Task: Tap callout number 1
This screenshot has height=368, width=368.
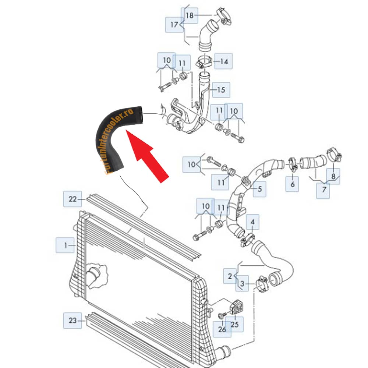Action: pyautogui.click(x=65, y=245)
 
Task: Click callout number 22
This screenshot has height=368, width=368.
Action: pyautogui.click(x=72, y=199)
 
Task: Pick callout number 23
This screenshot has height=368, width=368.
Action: pyautogui.click(x=72, y=321)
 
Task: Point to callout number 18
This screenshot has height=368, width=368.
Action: pyautogui.click(x=190, y=15)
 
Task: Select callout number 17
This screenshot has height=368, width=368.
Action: pyautogui.click(x=174, y=25)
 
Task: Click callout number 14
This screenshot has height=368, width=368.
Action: pyautogui.click(x=224, y=61)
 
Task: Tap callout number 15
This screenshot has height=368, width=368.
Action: pyautogui.click(x=221, y=90)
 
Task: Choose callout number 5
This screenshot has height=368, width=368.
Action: pyautogui.click(x=259, y=189)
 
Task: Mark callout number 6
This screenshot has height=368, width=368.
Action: pyautogui.click(x=293, y=184)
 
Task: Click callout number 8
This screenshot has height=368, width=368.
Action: pyautogui.click(x=333, y=176)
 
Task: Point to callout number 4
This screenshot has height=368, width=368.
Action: pyautogui.click(x=252, y=222)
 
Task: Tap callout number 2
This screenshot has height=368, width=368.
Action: pyautogui.click(x=230, y=276)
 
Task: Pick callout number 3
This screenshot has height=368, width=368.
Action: pyautogui.click(x=242, y=283)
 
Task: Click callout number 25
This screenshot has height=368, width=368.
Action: pyautogui.click(x=234, y=324)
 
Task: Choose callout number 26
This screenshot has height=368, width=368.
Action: pyautogui.click(x=222, y=329)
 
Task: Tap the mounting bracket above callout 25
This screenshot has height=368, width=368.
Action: pyautogui.click(x=237, y=307)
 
